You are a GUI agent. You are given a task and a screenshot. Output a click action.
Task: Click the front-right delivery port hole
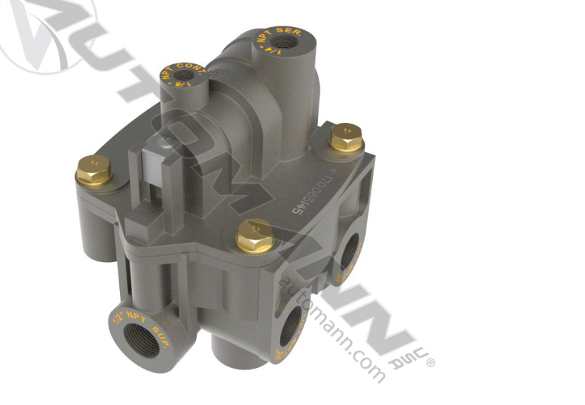click(x=291, y=331)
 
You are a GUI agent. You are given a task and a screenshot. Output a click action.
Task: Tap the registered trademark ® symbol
click(x=430, y=363)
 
